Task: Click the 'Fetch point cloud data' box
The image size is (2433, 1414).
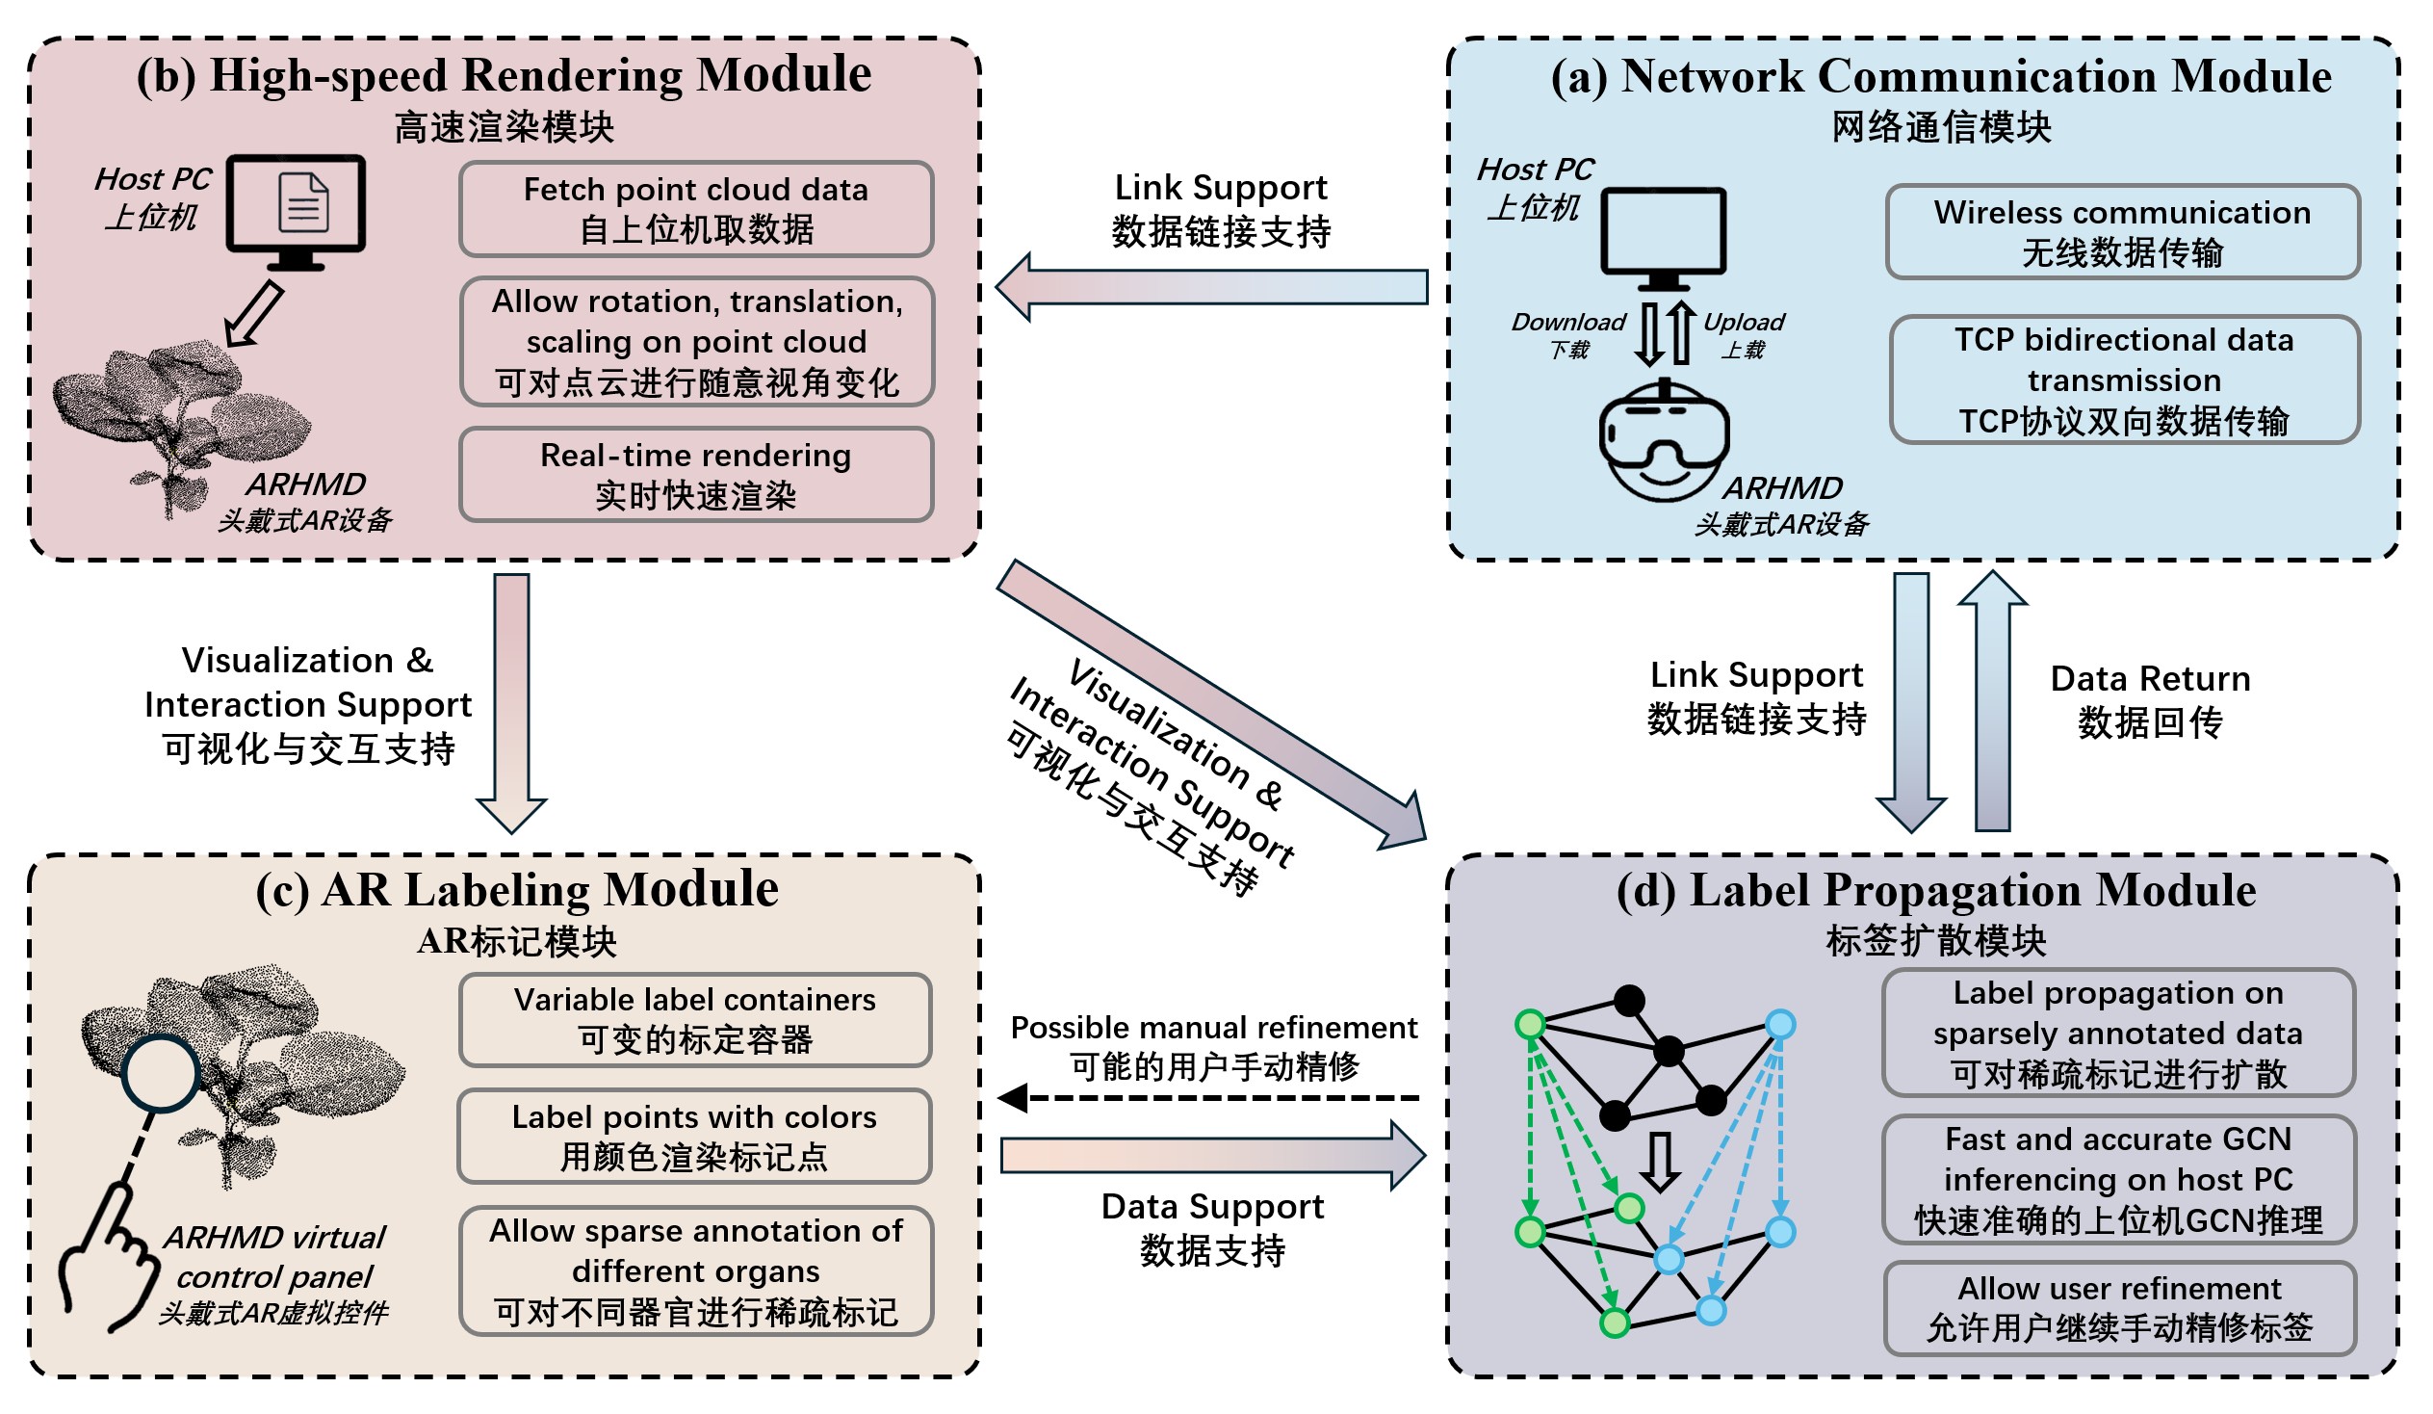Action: (696, 209)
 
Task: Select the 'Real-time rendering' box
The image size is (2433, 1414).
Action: (696, 475)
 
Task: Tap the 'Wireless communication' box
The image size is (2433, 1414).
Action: (2122, 232)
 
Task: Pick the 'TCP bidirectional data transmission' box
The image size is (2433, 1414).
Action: (2124, 380)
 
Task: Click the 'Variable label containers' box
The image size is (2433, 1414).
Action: (695, 1020)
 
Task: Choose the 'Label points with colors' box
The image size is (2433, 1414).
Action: (695, 1137)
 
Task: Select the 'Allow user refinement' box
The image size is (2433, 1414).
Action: (2120, 1308)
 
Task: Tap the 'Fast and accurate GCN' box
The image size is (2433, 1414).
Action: (2118, 1179)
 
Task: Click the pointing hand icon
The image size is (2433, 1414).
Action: (108, 1256)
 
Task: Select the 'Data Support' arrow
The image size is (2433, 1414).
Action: (1211, 1155)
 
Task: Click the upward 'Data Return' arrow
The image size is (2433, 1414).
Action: (1993, 700)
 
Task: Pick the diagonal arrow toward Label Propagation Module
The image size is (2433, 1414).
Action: (1211, 704)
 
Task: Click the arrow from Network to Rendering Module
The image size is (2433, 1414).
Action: (1211, 287)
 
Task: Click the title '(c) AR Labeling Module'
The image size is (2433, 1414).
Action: (517, 890)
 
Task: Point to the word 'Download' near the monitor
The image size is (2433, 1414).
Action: (1569, 322)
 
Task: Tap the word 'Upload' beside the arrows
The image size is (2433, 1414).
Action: (1744, 322)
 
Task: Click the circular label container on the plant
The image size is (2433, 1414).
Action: (161, 1072)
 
